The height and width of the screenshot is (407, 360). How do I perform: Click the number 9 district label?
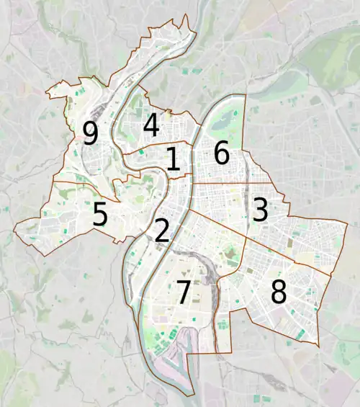(x=90, y=133)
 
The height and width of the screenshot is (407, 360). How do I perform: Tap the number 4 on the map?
(x=150, y=125)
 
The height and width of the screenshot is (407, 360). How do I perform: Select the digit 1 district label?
(x=173, y=159)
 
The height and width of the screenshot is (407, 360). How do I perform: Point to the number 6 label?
(x=221, y=153)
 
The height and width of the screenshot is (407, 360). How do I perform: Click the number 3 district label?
(x=260, y=210)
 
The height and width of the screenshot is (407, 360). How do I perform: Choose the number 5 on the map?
(x=101, y=214)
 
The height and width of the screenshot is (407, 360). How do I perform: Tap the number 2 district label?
(x=162, y=231)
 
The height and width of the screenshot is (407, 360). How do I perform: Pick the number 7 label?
(x=183, y=292)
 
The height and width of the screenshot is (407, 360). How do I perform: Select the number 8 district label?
(x=279, y=292)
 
